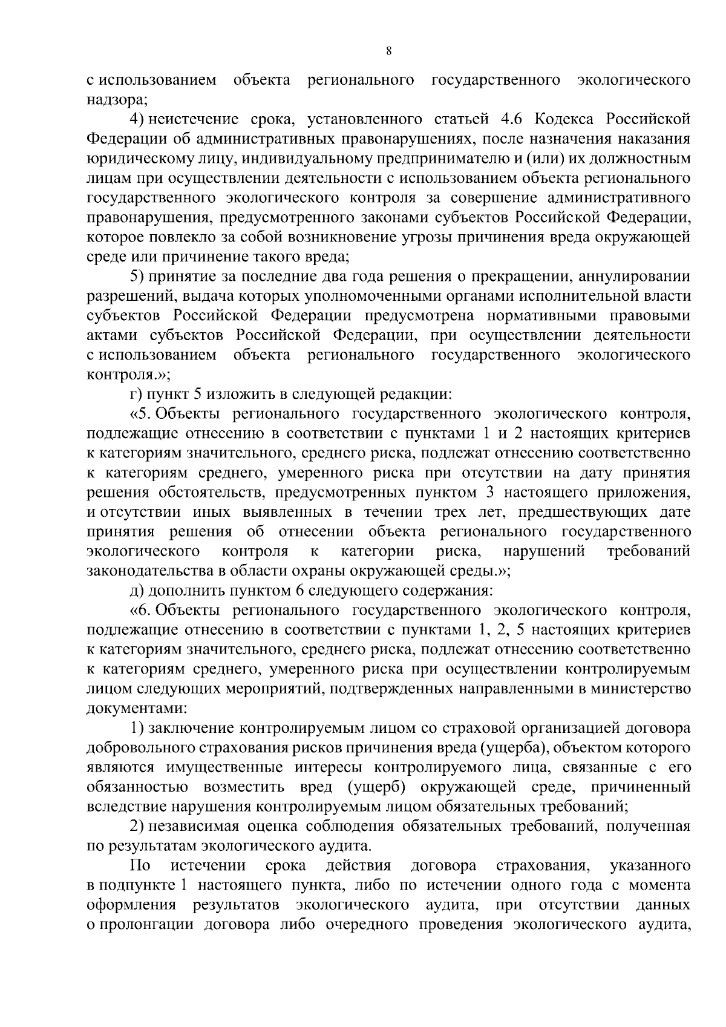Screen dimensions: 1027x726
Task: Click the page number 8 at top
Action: (388, 52)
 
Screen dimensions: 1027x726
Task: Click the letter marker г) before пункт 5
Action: (136, 395)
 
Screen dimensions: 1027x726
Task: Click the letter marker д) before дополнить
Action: (137, 591)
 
